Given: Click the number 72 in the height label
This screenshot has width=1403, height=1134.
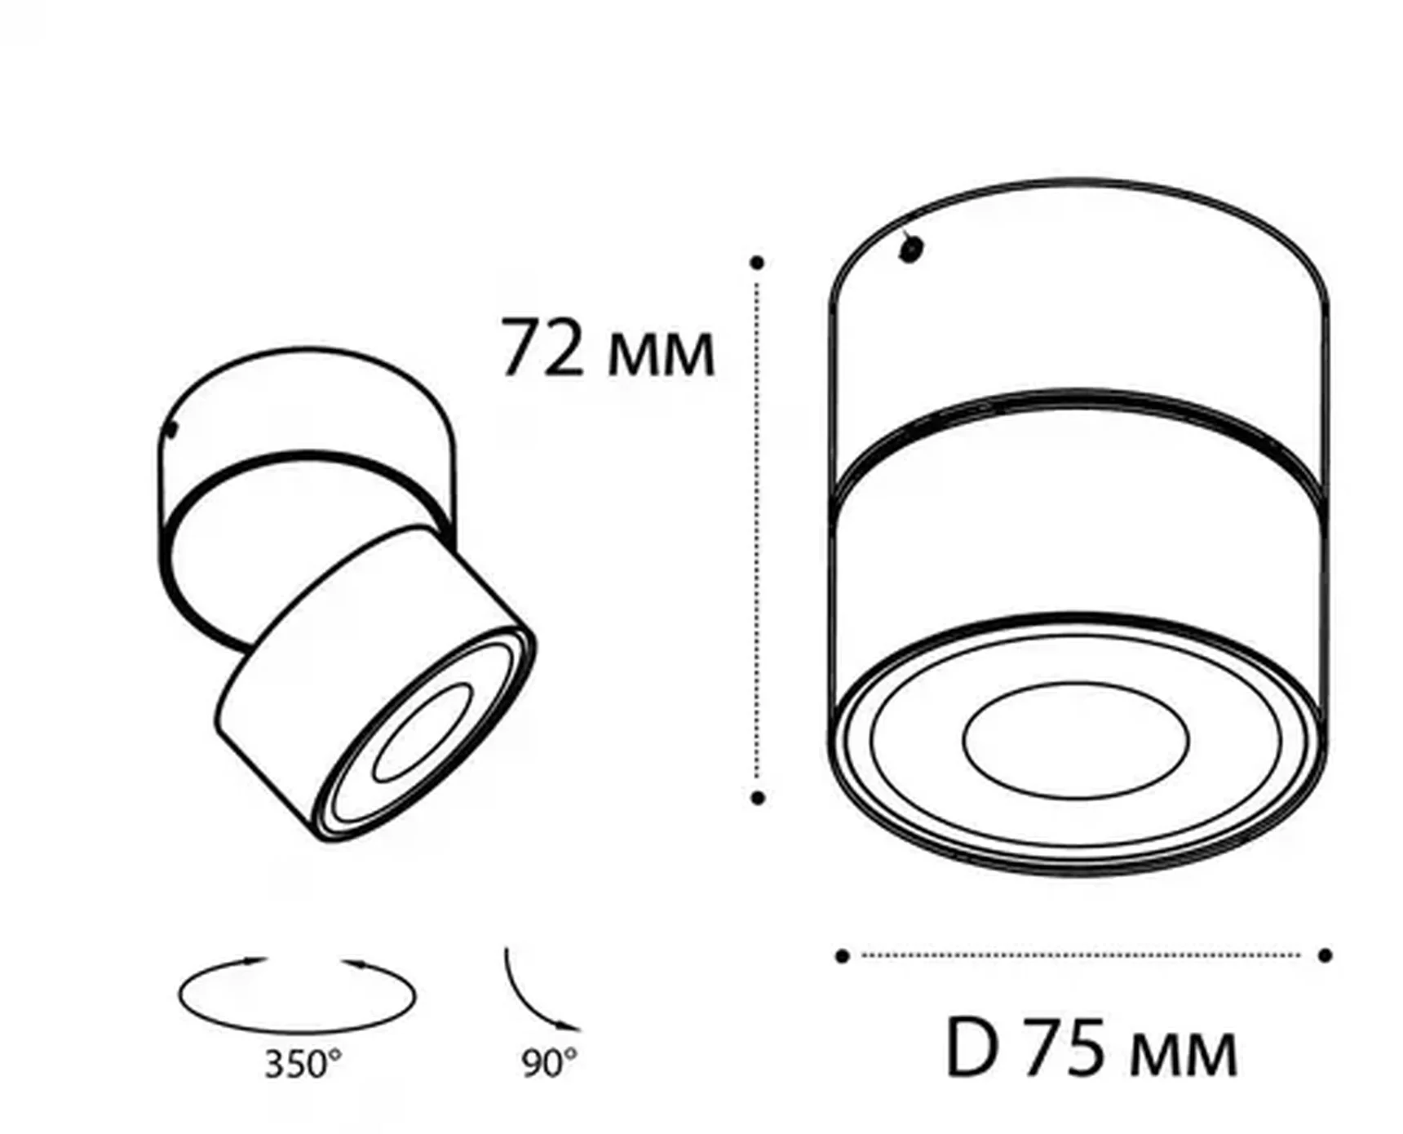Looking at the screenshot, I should point(542,348).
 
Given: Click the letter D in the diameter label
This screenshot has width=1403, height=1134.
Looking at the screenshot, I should point(972,1048).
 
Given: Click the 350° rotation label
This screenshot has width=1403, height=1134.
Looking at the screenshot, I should point(303,1064).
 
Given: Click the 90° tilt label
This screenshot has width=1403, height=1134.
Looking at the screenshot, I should point(549,1062).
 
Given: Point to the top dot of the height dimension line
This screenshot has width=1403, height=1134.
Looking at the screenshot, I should point(758,263).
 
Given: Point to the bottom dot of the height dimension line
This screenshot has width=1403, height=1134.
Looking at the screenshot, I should point(758,797).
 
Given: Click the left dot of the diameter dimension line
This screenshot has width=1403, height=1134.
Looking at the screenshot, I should point(843,956).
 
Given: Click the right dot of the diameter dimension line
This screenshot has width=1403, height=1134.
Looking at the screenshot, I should point(1325,955).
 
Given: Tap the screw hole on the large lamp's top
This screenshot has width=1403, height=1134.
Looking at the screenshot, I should point(910,248).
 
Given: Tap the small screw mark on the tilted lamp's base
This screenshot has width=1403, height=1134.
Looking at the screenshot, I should point(171,430).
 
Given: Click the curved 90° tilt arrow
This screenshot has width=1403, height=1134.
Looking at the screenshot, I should point(530,997).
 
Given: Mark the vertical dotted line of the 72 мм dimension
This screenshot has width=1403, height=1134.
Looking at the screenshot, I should point(758,530).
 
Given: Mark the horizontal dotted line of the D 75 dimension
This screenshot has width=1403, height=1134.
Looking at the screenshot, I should point(1081,955).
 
